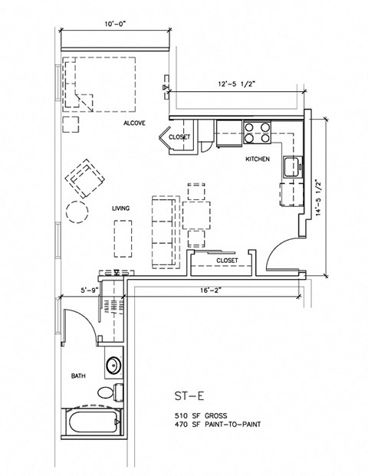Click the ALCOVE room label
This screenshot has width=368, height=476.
point(135,123)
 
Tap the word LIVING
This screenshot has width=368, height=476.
point(120,208)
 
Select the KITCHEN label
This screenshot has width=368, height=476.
point(256,159)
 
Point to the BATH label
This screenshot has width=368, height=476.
point(78,376)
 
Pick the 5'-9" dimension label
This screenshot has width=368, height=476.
point(90,291)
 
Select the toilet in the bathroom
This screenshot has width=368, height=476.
point(110,392)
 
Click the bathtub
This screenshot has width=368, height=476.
point(93,424)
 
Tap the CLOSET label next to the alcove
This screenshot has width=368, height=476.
point(179,137)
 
